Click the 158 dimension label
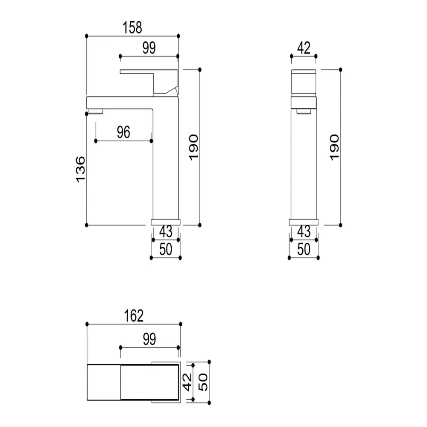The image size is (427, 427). [x=132, y=27]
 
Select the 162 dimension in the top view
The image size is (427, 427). [x=134, y=316]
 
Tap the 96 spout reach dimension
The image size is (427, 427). [x=124, y=132]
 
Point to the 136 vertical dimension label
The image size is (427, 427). [x=80, y=169]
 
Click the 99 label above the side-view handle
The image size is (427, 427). [x=149, y=48]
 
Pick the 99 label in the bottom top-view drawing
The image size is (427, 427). [x=149, y=339]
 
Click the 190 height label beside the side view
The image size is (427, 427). [x=193, y=147]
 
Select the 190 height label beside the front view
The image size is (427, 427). [x=334, y=147]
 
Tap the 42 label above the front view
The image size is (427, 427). [x=304, y=48]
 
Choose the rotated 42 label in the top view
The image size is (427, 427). [x=187, y=382]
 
